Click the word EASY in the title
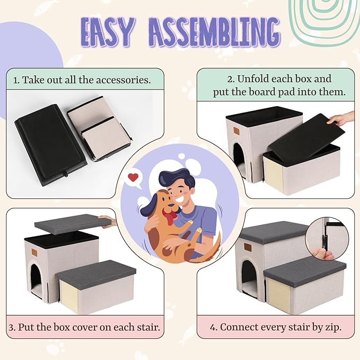point(107,32)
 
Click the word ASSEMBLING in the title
point(215,32)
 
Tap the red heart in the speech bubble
point(134,177)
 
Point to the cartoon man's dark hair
point(177,179)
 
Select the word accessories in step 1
point(124,80)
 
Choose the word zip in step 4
point(333,328)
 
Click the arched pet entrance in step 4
point(249,278)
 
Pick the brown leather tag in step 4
point(248,247)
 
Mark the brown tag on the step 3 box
point(34,252)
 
